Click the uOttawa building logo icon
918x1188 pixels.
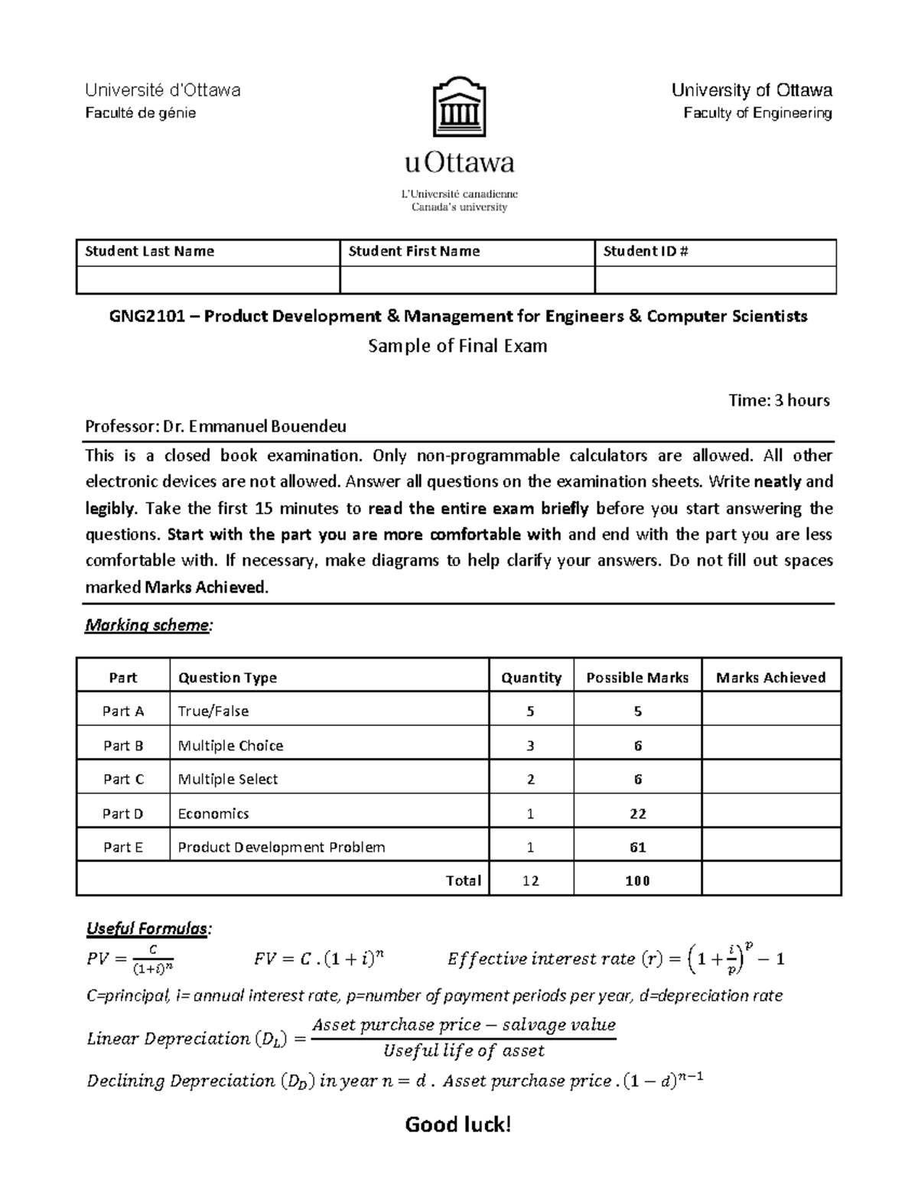[459, 107]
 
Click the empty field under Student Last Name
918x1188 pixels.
[208, 280]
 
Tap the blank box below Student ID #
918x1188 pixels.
[715, 280]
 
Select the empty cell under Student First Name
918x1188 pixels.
[467, 280]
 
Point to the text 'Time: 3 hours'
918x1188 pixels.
[780, 400]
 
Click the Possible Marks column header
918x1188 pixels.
[637, 677]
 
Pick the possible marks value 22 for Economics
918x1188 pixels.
[637, 813]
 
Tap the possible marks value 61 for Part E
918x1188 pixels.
[637, 847]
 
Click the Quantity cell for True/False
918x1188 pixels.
[530, 711]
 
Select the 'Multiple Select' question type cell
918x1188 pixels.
[228, 779]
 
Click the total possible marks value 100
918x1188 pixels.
[637, 880]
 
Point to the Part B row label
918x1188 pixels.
[123, 745]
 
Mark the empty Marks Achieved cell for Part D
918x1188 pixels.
[771, 813]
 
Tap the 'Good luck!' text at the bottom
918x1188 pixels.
[457, 1124]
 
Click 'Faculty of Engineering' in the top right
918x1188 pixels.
[757, 113]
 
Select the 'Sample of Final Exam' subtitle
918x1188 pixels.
[457, 346]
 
